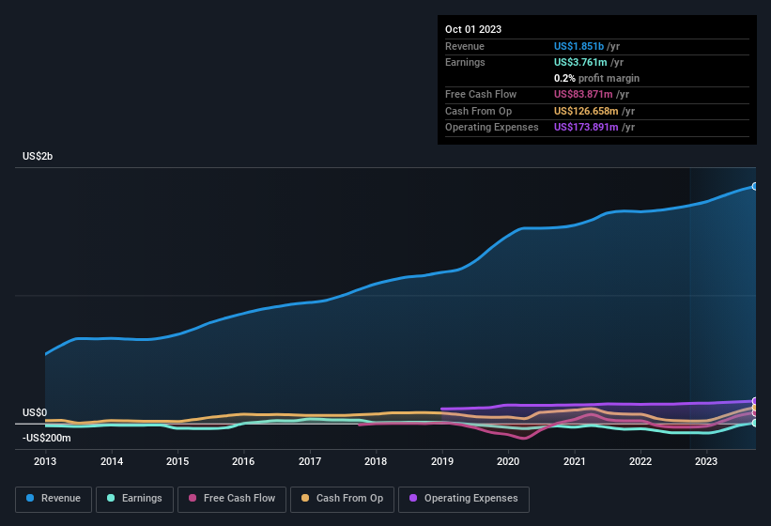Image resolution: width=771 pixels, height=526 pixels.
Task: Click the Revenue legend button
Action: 54,499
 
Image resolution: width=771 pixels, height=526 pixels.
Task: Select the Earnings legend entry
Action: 130,499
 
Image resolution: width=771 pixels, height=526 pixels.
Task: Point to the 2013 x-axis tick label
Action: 45,461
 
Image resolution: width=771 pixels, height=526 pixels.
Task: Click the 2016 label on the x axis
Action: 243,461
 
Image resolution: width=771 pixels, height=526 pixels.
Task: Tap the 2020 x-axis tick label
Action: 508,461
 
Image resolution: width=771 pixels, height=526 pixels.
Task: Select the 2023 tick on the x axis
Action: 706,461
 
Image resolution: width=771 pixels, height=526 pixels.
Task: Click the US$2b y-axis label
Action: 38,156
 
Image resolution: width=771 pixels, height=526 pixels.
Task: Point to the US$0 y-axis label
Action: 35,413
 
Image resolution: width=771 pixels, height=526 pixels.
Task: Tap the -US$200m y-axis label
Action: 47,438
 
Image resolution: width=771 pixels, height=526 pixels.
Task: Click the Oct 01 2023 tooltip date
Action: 473,29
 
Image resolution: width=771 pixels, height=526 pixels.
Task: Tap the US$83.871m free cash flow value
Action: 582,95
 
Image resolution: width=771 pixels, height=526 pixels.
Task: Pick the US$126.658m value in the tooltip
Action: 585,111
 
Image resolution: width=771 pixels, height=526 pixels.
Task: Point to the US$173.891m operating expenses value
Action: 585,127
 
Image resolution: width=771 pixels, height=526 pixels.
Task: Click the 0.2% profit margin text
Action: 596,78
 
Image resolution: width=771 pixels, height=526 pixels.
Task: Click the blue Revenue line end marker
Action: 754,186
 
